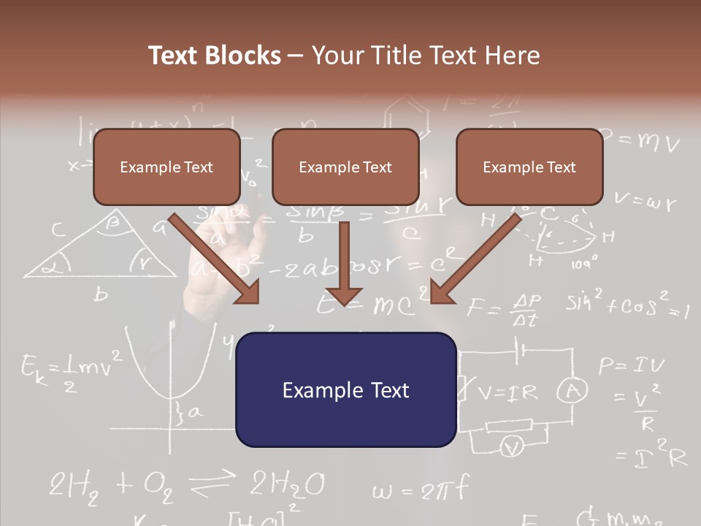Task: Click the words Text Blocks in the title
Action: coord(215,56)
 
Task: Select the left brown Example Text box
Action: coord(166,167)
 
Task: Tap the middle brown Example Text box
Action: coord(345,167)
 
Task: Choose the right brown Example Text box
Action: coord(529,167)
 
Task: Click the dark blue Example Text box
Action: coord(345,389)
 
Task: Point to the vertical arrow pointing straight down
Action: coord(344,263)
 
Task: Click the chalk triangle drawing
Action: coord(102,248)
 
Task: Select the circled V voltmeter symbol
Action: coord(513,445)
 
